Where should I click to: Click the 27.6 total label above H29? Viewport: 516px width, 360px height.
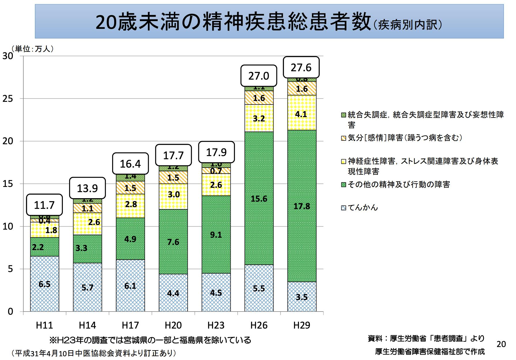301,67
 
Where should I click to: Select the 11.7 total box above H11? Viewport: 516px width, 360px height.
44,205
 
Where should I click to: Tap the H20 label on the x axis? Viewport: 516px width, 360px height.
173,325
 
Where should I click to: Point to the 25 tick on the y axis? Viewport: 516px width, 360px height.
8,99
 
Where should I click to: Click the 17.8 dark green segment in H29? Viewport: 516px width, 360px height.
302,206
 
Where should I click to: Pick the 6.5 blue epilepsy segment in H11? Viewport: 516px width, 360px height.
44,284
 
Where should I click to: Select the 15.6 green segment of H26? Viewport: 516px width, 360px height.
259,199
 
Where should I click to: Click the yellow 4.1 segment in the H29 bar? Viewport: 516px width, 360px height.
302,114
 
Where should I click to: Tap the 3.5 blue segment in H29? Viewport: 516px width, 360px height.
302,297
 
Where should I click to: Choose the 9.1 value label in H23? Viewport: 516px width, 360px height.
216,235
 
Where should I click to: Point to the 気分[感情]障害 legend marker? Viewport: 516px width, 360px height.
344,138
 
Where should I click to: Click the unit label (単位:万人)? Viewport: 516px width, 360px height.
33,49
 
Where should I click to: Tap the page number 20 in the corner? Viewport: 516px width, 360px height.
501,344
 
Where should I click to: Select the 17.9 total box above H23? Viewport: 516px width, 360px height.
216,152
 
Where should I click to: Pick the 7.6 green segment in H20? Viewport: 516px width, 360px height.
173,242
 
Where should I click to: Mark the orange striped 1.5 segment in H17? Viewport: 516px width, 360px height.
130,188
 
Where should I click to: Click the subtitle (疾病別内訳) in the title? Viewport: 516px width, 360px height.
407,25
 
